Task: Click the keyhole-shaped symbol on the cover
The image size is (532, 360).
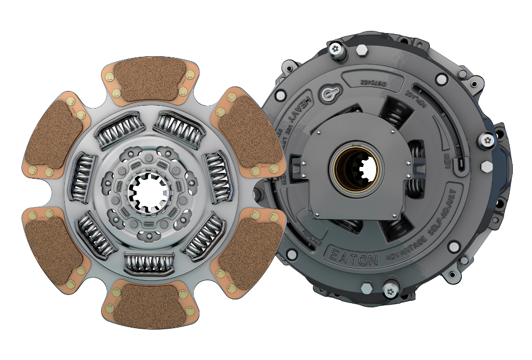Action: [328, 94]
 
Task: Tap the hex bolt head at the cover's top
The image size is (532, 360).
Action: [360, 52]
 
